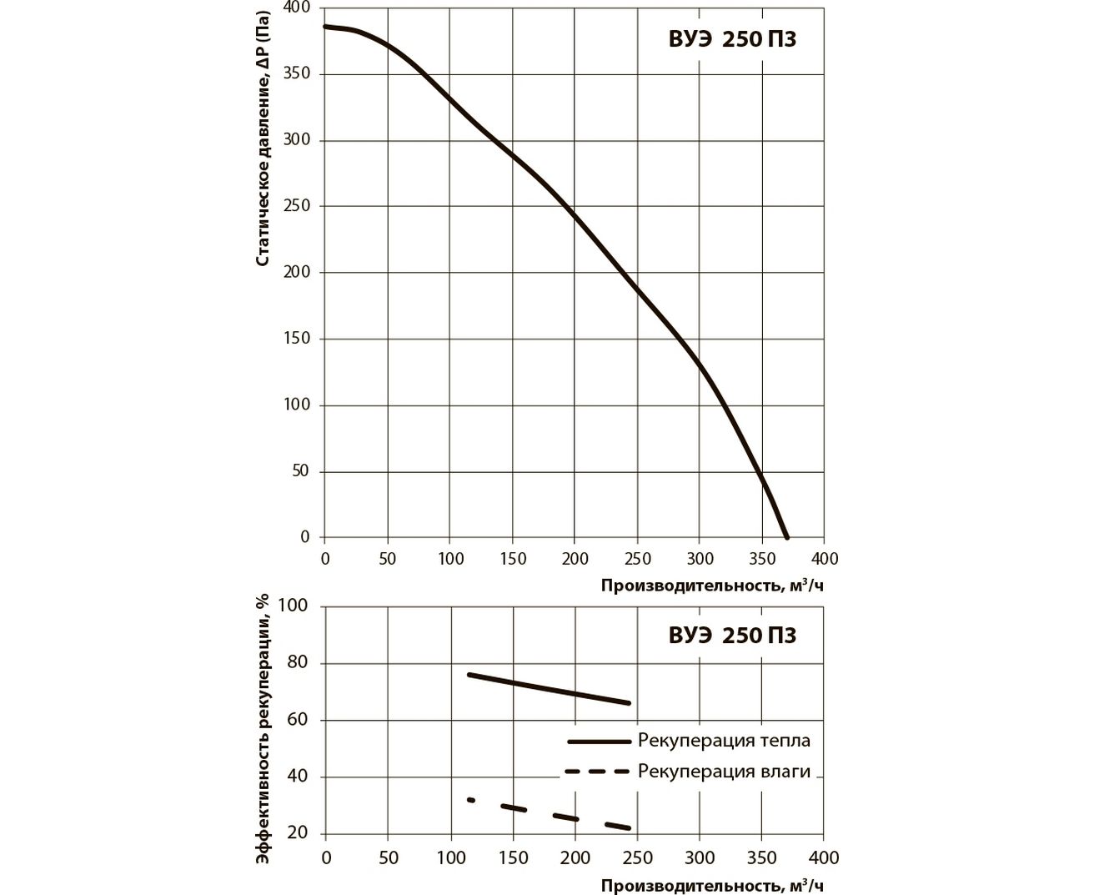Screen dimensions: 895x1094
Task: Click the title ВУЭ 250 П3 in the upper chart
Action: tap(732, 39)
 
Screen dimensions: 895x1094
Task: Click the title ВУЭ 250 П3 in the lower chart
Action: tap(732, 636)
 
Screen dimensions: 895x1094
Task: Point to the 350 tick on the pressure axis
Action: tap(296, 73)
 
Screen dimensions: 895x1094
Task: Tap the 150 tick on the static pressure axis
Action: tap(296, 339)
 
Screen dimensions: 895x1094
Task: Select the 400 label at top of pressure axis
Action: tap(296, 8)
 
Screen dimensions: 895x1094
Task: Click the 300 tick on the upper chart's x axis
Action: tap(700, 559)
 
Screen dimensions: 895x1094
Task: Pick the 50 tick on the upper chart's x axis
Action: tap(388, 559)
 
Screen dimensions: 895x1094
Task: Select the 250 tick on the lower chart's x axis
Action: tap(637, 857)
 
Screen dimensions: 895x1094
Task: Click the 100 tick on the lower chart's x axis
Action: tap(450, 857)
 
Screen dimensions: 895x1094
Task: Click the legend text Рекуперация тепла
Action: tap(724, 741)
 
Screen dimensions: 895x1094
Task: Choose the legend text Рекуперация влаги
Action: tap(724, 772)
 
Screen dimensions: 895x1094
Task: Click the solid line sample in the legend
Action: tap(598, 741)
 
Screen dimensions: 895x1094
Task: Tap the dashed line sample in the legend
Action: tap(598, 772)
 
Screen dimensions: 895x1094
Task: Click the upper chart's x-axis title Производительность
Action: tap(715, 585)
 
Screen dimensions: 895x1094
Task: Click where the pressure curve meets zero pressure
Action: tap(786, 537)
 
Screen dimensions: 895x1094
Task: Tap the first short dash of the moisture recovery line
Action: tap(471, 800)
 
